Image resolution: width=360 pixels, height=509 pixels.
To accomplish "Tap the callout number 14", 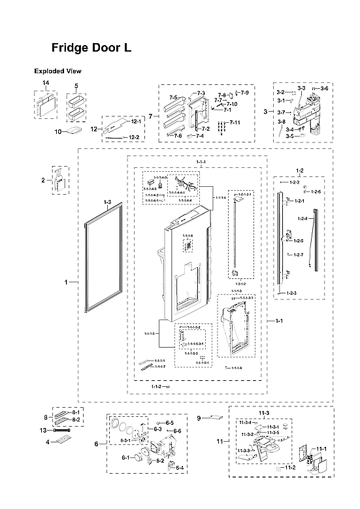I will (46, 83).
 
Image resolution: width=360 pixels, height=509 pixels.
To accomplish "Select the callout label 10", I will (57, 131).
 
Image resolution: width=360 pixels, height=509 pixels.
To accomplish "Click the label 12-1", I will (136, 122).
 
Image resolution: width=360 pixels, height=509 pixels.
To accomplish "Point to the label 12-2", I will (133, 137).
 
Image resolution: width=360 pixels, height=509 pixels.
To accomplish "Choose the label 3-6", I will (325, 88).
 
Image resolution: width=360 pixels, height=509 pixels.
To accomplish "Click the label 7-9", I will (244, 93).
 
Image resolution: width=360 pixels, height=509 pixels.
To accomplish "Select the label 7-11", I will (234, 123).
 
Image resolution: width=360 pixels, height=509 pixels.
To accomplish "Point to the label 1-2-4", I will (303, 218).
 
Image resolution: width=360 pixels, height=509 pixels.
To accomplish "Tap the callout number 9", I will (199, 418).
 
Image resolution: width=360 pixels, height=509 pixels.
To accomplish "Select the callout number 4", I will (48, 442).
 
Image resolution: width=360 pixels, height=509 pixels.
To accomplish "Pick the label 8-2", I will (76, 419).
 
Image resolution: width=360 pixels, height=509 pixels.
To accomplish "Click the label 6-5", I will (169, 423).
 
